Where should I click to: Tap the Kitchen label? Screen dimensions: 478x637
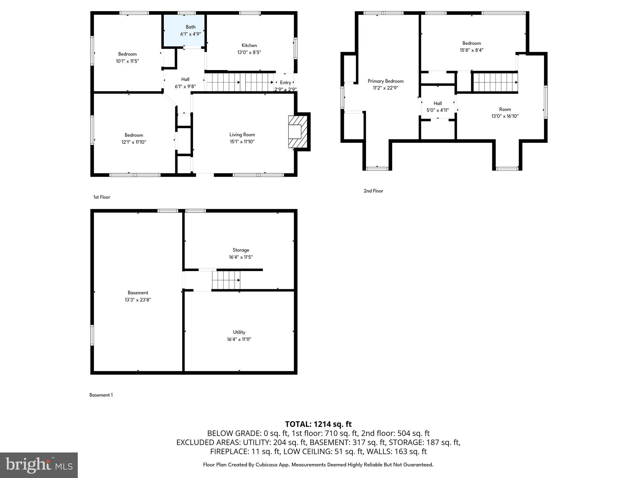249,45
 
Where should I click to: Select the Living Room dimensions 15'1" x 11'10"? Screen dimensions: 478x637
242,142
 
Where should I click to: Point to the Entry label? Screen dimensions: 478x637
285,82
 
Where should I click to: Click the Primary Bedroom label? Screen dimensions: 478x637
385,81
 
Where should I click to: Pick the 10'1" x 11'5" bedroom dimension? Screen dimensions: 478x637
127,61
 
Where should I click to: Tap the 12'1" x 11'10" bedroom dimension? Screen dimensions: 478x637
134,142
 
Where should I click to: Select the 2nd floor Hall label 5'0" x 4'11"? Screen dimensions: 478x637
437,106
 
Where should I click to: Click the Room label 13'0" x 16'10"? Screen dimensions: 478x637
505,113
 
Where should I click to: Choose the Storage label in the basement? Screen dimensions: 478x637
241,250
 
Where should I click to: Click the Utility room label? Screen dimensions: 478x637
239,332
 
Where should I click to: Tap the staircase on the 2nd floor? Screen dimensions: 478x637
495,82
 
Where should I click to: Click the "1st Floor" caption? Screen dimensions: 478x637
102,197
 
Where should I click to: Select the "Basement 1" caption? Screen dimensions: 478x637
101,395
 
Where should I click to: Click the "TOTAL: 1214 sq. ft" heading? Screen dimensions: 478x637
318,424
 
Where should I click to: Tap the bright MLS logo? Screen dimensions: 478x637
39,465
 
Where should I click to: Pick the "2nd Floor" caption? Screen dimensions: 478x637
373,191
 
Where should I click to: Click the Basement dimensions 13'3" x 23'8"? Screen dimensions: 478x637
138,300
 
